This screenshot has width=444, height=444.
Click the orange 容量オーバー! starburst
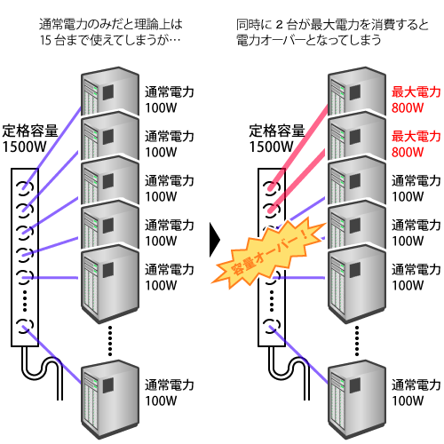[268, 252]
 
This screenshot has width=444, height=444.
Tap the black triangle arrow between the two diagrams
[215, 240]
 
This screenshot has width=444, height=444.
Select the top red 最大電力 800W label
[416, 100]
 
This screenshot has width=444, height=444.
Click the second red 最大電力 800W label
[416, 145]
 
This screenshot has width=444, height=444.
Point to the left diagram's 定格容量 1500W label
[30, 139]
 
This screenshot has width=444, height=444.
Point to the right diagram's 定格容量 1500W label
[277, 139]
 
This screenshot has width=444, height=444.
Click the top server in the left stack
[110, 91]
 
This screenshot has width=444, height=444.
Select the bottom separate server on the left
[110, 400]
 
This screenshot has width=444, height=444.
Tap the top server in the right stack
[357, 91]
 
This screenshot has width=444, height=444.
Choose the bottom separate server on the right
[357, 400]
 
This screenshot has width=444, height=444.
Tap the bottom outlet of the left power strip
[25, 326]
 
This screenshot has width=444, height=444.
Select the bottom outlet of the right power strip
[272, 326]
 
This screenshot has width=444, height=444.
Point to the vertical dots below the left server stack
[110, 340]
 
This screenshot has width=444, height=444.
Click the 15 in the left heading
[45, 40]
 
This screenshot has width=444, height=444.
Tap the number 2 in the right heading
[279, 25]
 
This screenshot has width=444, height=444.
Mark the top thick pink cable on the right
[299, 145]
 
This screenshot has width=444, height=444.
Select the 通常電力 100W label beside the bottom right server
[416, 392]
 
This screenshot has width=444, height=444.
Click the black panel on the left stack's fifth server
[108, 270]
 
